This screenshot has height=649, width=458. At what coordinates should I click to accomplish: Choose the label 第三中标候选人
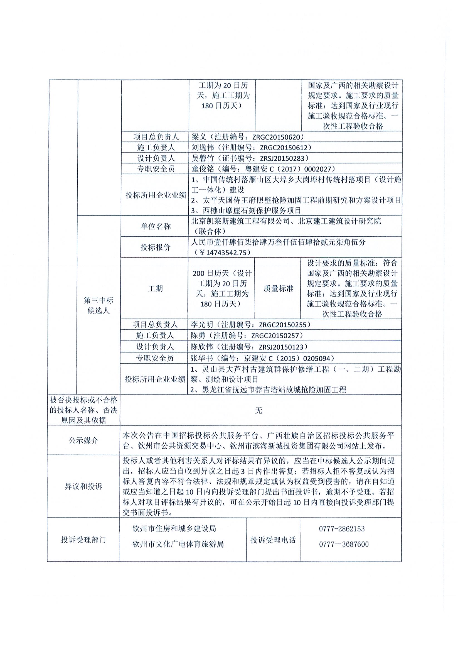tap(99, 305)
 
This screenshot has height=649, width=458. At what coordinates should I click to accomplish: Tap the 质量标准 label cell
tap(278, 289)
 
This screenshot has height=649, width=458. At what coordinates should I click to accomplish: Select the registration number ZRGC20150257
tap(277, 335)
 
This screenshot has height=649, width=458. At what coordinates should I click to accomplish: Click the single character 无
tap(258, 410)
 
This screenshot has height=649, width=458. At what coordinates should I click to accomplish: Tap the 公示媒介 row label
tap(83, 440)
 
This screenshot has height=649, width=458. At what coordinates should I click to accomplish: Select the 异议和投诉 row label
tap(83, 486)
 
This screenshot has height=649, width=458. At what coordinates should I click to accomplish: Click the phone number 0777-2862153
tap(342, 529)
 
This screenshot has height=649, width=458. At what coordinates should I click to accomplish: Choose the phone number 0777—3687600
tap(344, 544)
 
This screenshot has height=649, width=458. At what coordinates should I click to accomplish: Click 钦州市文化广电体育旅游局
tap(178, 544)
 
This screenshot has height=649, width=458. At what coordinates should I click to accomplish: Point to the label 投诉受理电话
tap(273, 540)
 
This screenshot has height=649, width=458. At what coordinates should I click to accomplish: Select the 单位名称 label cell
tap(156, 226)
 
